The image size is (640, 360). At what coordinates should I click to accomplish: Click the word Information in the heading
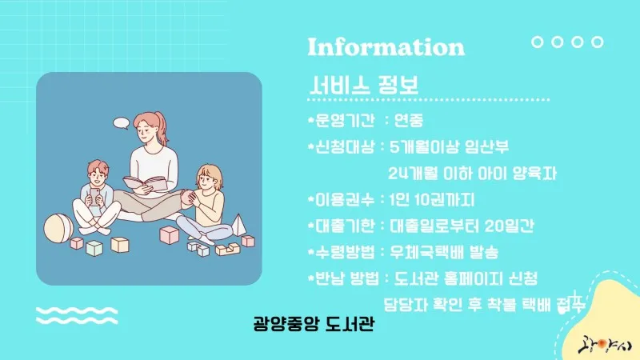tap(386, 46)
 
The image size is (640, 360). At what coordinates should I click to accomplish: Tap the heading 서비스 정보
tap(364, 85)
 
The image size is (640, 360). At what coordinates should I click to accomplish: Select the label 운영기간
tap(345, 120)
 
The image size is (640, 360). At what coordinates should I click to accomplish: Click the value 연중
tap(409, 120)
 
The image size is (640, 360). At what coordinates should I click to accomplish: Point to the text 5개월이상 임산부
tap(449, 146)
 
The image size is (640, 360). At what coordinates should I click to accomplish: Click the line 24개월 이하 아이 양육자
tap(472, 173)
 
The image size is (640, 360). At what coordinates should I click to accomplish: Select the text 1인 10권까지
tap(432, 199)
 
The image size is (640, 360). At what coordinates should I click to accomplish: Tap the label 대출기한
tap(345, 226)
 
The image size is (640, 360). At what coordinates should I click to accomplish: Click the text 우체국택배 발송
tap(444, 252)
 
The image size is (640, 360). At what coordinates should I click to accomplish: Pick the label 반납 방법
tap(347, 278)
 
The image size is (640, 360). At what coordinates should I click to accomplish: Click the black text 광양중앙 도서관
tap(314, 324)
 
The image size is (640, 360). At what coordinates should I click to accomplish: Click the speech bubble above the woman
tap(122, 123)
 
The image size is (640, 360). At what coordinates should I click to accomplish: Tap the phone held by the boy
tap(94, 195)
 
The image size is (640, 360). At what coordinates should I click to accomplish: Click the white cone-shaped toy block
tap(238, 225)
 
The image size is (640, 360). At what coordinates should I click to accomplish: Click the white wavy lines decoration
tap(77, 315)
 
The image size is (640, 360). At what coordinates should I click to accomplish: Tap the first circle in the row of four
tap(537, 42)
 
